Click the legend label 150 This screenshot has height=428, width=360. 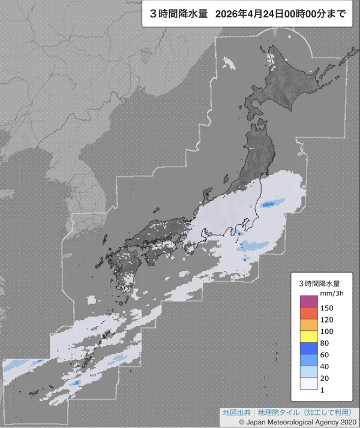(x=328, y=308)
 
